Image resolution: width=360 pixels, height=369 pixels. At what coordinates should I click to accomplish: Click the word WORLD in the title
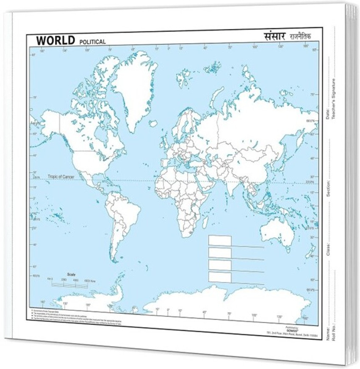point(55,40)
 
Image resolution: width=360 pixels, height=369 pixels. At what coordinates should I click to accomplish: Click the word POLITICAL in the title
point(92,42)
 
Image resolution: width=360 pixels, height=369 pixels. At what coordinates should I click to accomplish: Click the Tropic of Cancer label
point(61,176)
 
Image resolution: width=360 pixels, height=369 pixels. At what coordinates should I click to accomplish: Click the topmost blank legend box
point(220,240)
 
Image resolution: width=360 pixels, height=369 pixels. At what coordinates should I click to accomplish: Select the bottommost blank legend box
point(220,277)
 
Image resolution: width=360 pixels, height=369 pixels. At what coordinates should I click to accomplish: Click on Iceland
point(153,124)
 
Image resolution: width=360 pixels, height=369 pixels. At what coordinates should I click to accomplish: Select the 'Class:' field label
point(329,250)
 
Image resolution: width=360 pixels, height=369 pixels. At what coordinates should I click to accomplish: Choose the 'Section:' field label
point(329,188)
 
